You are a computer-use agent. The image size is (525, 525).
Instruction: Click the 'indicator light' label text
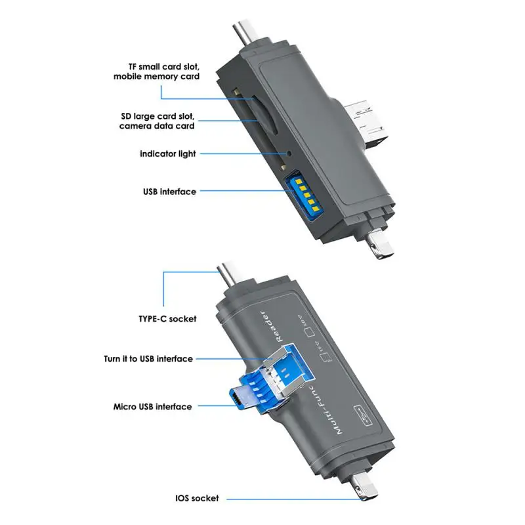tap(167, 154)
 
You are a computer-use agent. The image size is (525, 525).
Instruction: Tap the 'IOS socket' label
tap(197, 499)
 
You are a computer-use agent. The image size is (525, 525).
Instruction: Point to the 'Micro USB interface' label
tap(152, 407)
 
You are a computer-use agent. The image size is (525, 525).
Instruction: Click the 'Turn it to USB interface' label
tap(148, 359)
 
